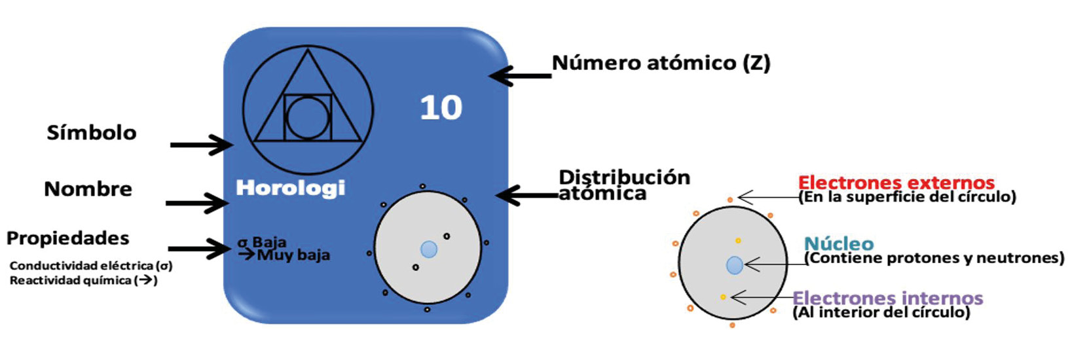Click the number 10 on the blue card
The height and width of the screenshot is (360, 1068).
[x=441, y=108]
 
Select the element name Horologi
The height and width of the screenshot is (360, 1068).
[x=290, y=189]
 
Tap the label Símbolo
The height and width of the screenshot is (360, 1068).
[x=92, y=133]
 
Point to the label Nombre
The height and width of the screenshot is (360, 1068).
[x=88, y=189]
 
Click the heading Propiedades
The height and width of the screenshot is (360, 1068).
[x=67, y=238]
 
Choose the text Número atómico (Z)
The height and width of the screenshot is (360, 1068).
[x=661, y=63]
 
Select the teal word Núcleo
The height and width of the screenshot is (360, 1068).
[x=838, y=244]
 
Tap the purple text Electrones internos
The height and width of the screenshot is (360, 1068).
[x=887, y=298]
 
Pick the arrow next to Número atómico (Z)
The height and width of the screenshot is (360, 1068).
[x=521, y=76]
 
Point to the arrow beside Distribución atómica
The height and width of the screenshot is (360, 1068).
[x=527, y=195]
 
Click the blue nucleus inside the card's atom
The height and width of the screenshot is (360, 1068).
[x=429, y=249]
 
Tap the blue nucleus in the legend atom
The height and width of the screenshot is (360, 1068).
[x=735, y=265]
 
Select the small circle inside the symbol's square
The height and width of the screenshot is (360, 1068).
[x=308, y=118]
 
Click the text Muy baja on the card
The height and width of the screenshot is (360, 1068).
[x=293, y=255]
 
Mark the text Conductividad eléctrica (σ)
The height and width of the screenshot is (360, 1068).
[x=91, y=266]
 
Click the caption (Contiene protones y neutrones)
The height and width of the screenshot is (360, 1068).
[x=934, y=259]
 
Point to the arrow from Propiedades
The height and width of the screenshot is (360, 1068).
[x=198, y=249]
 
